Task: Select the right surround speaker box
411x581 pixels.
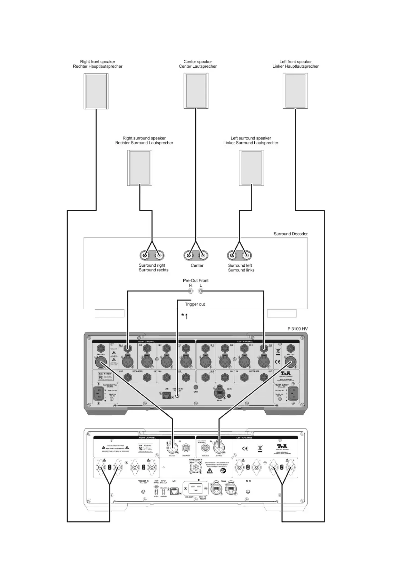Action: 140,168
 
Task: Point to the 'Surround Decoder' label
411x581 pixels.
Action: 291,234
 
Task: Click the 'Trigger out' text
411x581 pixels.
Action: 195,304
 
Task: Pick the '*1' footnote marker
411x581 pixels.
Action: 185,316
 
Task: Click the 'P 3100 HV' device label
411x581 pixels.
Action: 297,329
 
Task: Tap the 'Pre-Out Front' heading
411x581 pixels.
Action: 196,280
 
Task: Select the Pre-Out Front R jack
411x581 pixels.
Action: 191,292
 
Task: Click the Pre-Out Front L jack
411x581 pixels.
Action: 201,292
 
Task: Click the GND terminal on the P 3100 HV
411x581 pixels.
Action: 196,387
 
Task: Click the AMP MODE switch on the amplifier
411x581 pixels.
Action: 156,491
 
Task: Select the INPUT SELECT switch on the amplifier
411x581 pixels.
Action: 164,491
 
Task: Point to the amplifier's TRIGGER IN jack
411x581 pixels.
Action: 144,491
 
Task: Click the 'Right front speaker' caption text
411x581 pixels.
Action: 98,62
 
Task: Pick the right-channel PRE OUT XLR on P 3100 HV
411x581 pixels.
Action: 101,362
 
